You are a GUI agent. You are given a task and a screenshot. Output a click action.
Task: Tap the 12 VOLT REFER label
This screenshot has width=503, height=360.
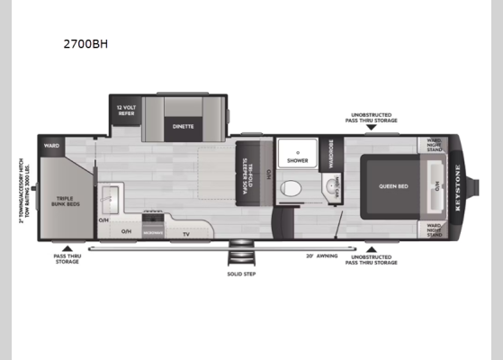coord(125,111)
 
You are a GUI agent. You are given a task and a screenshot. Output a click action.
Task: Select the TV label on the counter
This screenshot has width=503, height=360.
coord(185,234)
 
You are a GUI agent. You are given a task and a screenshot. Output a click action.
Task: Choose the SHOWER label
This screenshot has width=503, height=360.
coord(297,162)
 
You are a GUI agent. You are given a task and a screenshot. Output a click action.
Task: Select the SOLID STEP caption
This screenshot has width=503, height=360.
coord(242,274)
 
